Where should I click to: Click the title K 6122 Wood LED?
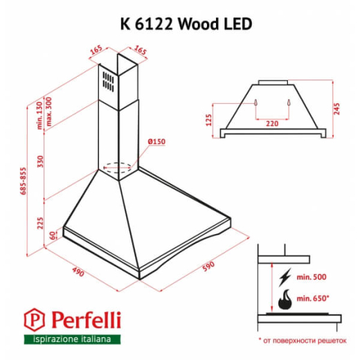tap(181, 23)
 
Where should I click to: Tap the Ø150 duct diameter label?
tap(155, 142)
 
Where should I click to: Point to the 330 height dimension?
tap(41, 161)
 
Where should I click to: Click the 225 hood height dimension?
tap(41, 222)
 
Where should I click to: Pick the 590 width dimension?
tap(207, 265)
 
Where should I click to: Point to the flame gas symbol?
tap(285, 302)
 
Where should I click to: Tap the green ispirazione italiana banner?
tap(72, 339)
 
